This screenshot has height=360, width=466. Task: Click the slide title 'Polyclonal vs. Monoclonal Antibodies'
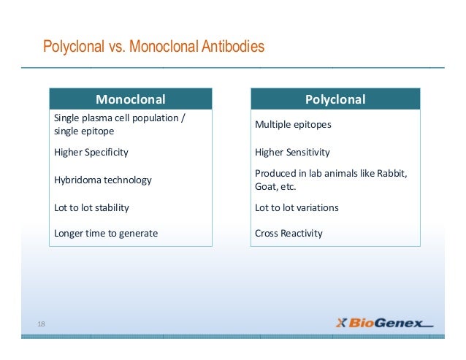click(x=153, y=48)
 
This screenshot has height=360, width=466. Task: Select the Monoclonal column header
click(x=131, y=99)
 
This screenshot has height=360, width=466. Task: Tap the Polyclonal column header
click(x=335, y=99)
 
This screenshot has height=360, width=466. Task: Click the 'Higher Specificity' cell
click(x=91, y=153)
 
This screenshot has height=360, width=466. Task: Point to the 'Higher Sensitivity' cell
click(x=292, y=153)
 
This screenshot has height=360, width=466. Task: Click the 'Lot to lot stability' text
click(x=91, y=207)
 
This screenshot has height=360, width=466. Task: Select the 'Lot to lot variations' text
click(x=297, y=207)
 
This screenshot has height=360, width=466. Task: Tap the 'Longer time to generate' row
click(x=106, y=234)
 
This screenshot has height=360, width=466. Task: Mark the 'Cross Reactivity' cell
click(x=289, y=234)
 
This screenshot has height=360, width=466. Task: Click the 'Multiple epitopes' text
click(x=293, y=125)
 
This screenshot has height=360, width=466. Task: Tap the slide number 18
click(x=42, y=323)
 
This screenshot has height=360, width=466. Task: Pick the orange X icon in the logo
click(x=341, y=323)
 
